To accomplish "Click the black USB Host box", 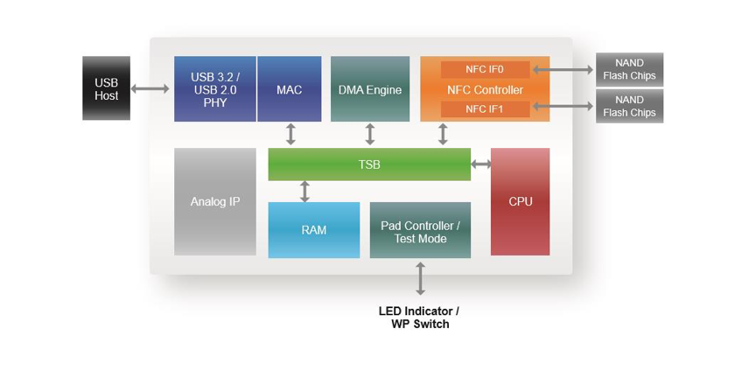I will pos(106,88).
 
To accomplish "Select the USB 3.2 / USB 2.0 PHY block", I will pos(214,89).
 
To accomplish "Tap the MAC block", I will pos(289,89).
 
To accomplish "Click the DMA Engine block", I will pos(369,89).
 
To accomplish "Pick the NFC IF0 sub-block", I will pos(484,69).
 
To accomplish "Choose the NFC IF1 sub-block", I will pos(484,109).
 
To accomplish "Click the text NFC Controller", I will pos(484,90).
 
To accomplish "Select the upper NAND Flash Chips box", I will pos(629,69).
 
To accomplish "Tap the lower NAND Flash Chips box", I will pos(629,107).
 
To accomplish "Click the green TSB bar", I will pos(368,164).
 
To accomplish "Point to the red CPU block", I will pos(520,202).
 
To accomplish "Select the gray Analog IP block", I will pos(214,202).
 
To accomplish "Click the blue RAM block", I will pos(313,230).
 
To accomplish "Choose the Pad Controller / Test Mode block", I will pos(420,231).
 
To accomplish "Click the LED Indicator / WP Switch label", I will pos(419,318).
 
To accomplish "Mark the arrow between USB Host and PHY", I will pos(151,88).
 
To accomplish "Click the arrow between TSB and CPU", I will pos(480,164).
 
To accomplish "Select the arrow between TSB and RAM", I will pos(304,191).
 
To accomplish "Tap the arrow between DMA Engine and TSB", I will pos(369,134).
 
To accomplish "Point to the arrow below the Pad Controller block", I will pos(420,277).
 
